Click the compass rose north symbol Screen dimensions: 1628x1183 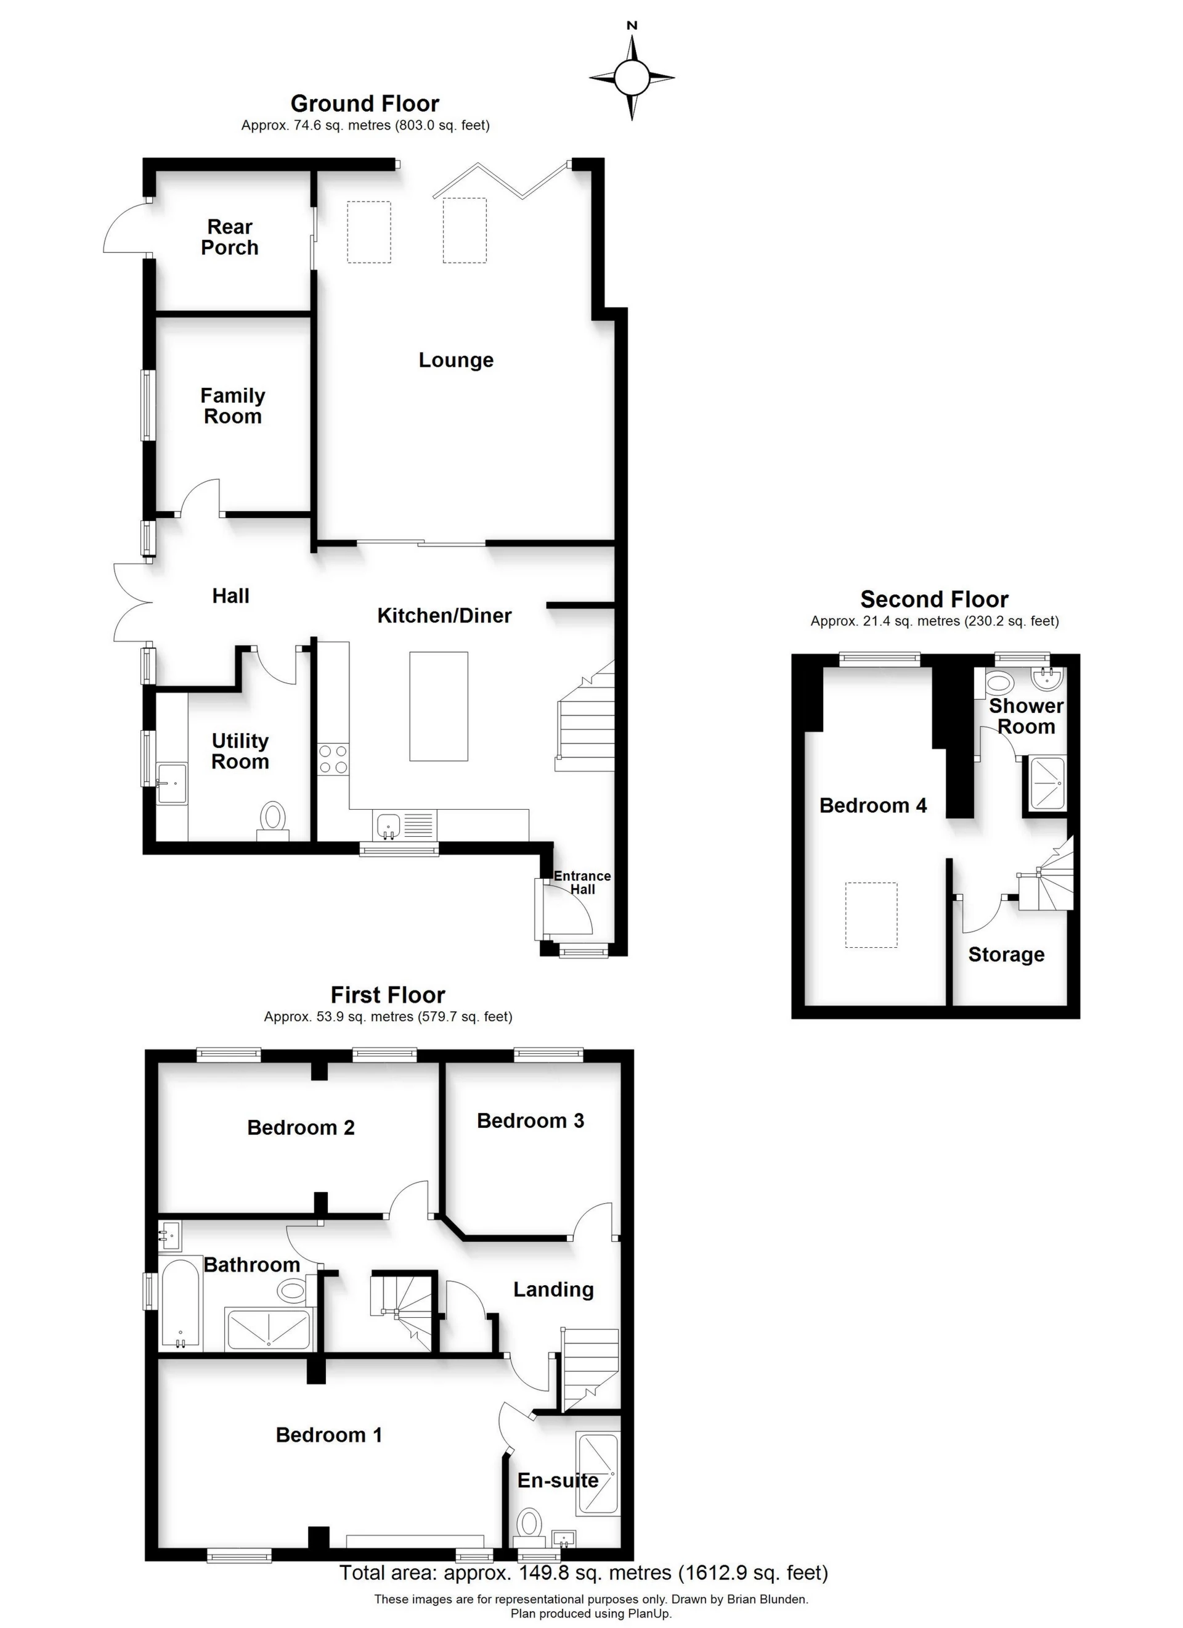[632, 76]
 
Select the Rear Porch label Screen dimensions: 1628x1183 [230, 237]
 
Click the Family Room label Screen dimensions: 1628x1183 [232, 406]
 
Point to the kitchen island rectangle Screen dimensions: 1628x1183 [438, 705]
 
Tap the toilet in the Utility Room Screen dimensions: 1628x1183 [272, 818]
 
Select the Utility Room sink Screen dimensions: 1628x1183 [171, 784]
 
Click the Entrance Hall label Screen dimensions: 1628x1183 [582, 882]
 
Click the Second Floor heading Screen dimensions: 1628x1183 [934, 599]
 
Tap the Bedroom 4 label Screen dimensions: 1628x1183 [872, 805]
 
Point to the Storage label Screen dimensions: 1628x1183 [1006, 955]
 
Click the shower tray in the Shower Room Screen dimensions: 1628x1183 [1047, 783]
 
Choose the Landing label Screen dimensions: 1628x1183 [553, 1290]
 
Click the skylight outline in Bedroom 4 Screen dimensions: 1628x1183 [871, 915]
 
